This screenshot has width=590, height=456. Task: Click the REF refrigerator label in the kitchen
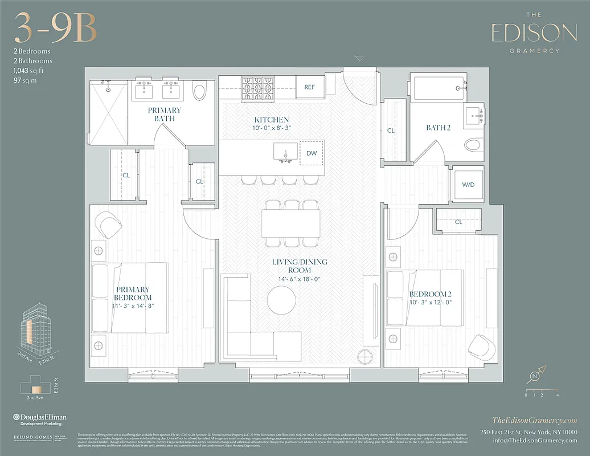pos(309,87)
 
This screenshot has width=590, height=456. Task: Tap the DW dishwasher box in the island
pos(312,153)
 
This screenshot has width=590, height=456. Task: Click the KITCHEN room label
pos(271,120)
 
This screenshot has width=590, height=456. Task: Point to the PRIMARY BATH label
pos(164,114)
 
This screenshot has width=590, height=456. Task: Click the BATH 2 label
pos(438,128)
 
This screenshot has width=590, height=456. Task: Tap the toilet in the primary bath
pos(199,91)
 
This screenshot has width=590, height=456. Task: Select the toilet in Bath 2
pos(473,145)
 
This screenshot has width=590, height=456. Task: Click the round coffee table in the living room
pos(281,300)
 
